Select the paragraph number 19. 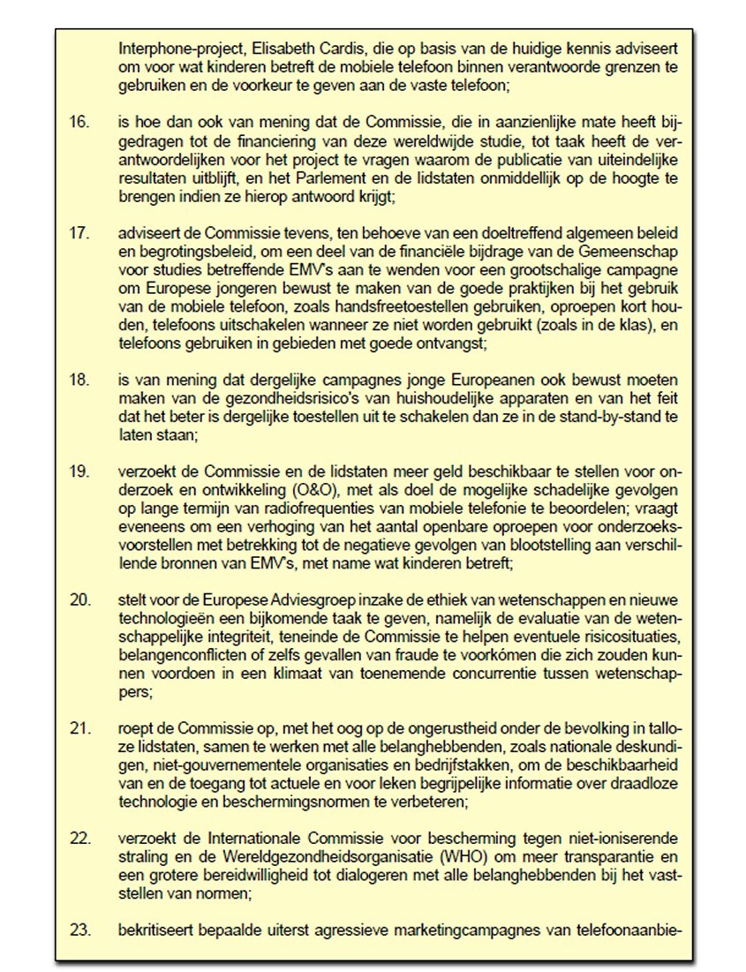coord(79,472)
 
